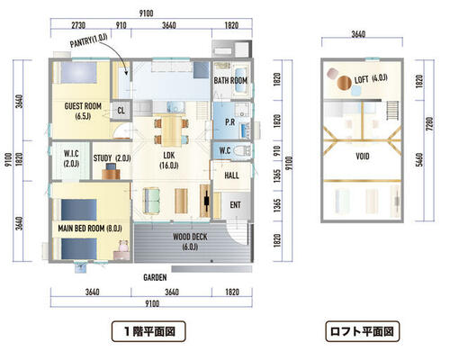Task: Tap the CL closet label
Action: [x=121, y=111]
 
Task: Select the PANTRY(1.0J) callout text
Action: [x=88, y=40]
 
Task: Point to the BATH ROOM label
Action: [x=230, y=80]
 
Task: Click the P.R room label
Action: [x=230, y=122]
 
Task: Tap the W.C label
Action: [x=225, y=150]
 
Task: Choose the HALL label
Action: [x=232, y=175]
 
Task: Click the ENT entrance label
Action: [x=235, y=205]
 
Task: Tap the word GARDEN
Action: [x=155, y=277]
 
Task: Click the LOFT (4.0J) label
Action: [x=371, y=79]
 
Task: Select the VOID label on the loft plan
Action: [x=363, y=157]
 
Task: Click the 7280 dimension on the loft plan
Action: [x=429, y=123]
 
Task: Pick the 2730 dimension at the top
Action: [x=78, y=25]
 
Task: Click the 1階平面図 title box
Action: [x=148, y=331]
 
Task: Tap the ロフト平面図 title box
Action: [x=363, y=331]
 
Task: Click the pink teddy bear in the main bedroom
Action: [x=123, y=246]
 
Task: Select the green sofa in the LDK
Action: [x=151, y=201]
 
